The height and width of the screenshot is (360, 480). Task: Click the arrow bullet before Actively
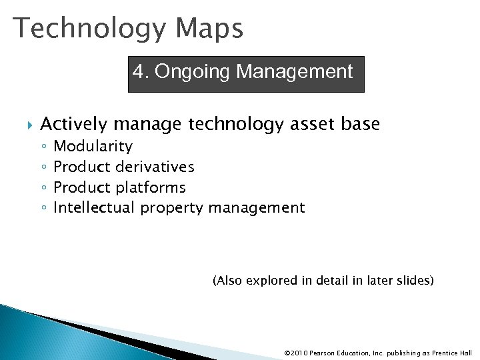pos(27,125)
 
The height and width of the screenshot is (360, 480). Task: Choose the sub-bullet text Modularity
pos(93,146)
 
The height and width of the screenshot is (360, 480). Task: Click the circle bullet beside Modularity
pos(43,147)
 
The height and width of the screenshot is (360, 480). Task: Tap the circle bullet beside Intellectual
pos(43,209)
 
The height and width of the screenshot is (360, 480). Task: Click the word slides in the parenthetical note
pos(415,281)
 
